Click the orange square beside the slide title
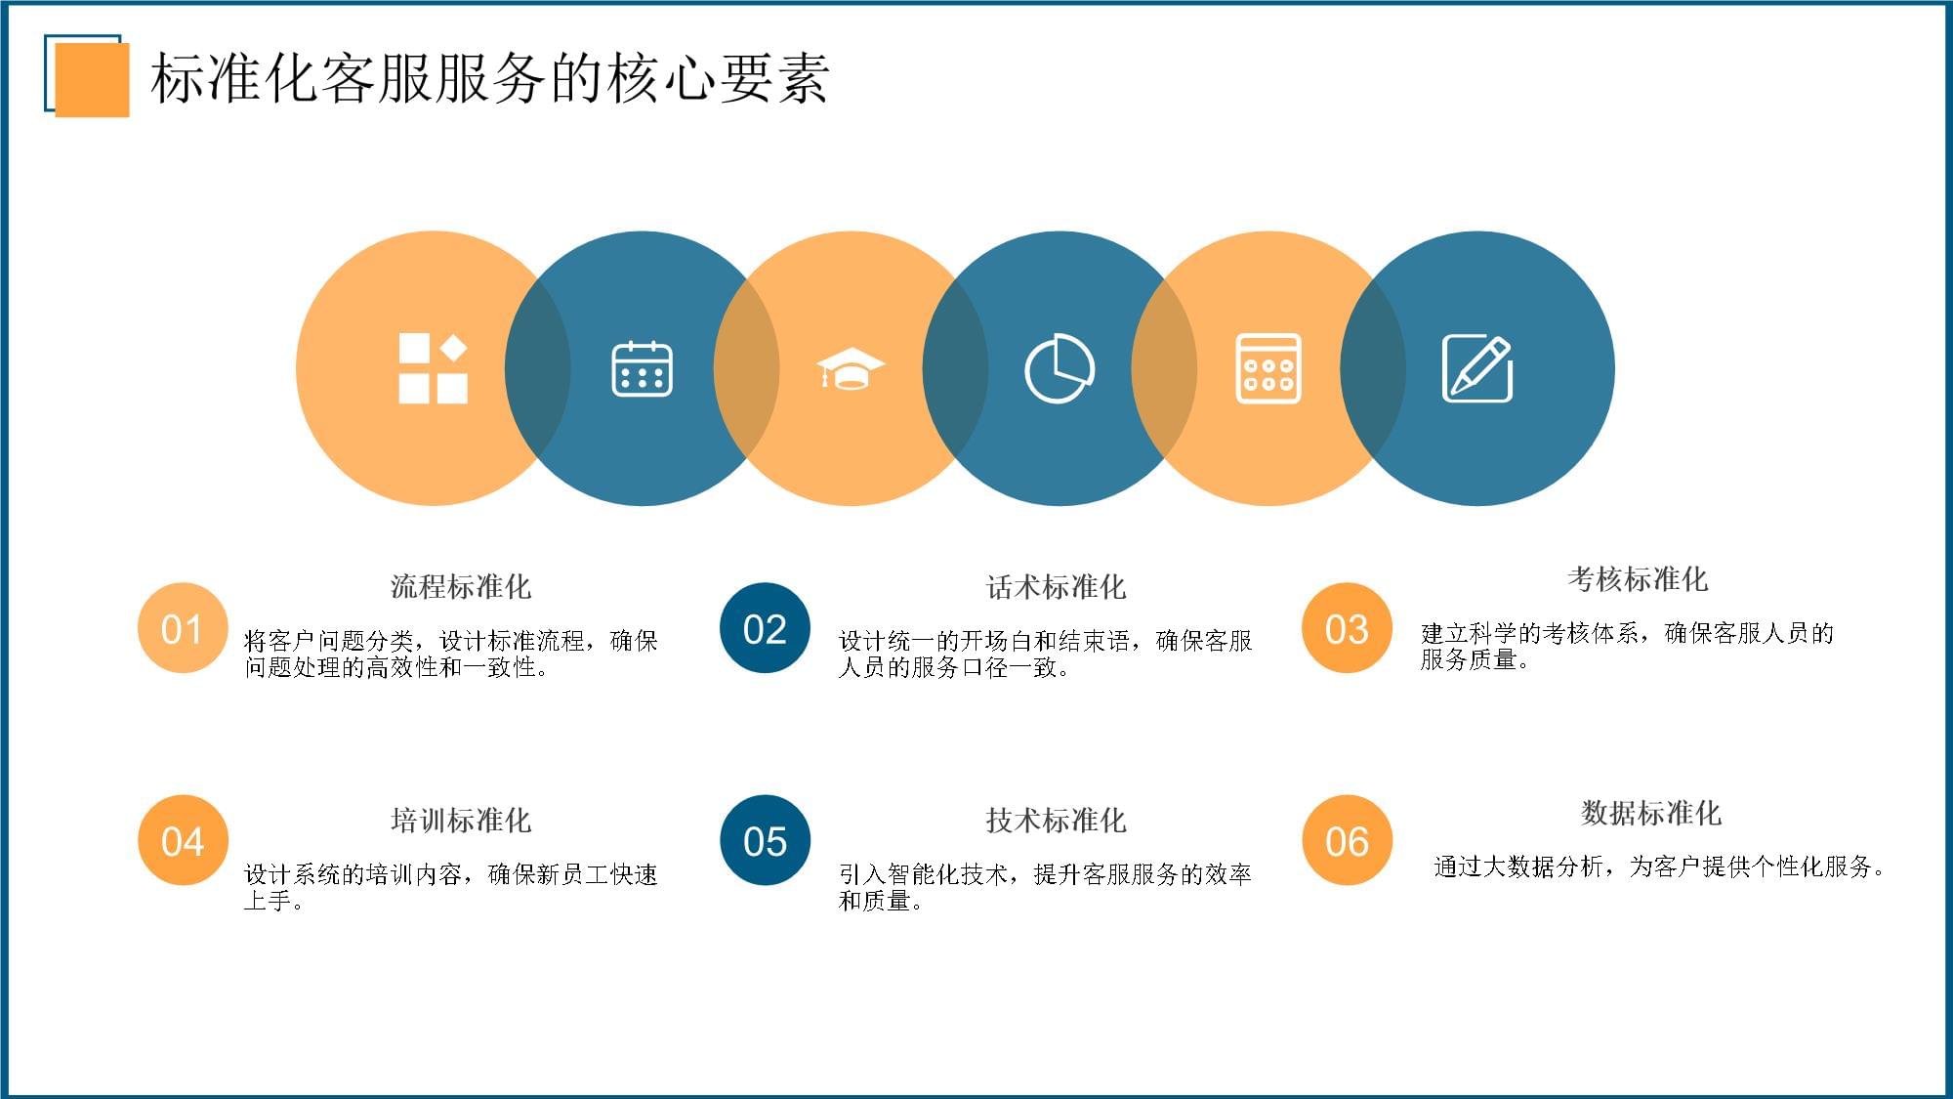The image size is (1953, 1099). (92, 79)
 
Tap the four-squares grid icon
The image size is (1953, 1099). (433, 368)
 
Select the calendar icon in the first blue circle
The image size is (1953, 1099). (642, 369)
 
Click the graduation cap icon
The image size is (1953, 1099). (851, 368)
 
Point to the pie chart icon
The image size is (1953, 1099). (1060, 368)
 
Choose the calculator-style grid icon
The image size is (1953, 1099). (1267, 368)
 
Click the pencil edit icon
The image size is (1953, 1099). (1477, 368)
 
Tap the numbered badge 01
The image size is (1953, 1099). (183, 628)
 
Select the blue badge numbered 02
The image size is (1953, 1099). (765, 628)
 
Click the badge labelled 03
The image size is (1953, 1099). (1347, 628)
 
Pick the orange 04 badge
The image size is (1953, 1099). (183, 840)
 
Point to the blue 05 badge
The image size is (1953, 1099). (765, 840)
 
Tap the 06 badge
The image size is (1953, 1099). (1347, 840)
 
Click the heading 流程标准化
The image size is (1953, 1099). (461, 586)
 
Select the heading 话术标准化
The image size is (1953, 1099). (1056, 586)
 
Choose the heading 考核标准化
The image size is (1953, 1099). (1638, 579)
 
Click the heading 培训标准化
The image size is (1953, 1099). (461, 820)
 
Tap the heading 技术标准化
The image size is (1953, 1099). (1056, 820)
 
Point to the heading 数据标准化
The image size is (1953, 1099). (1650, 813)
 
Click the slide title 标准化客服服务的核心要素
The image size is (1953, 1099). (490, 78)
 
